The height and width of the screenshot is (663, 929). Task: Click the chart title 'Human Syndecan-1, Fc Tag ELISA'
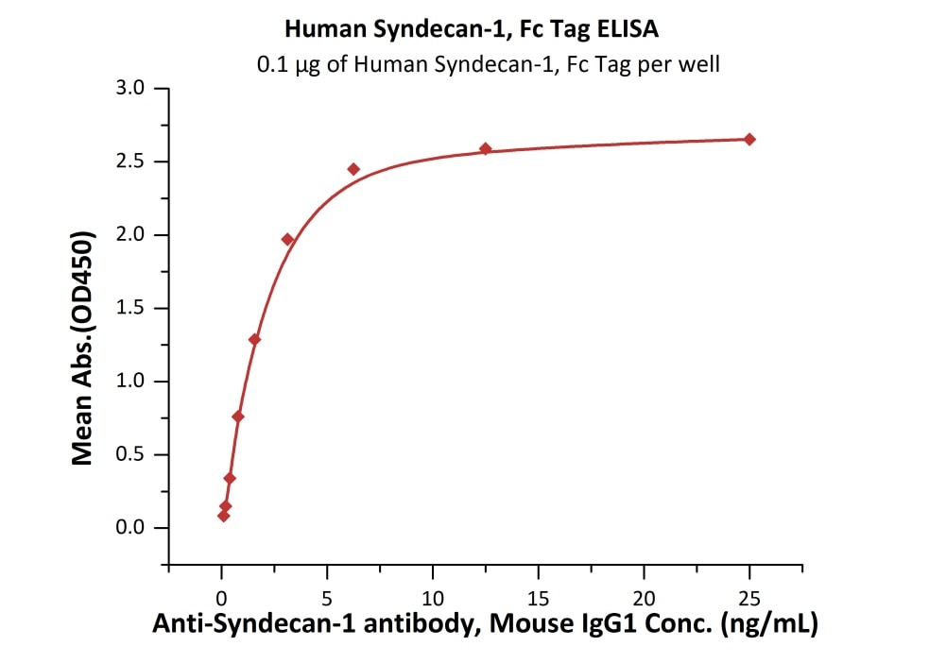coord(472,29)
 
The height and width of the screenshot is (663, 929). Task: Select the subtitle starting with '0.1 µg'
coord(489,65)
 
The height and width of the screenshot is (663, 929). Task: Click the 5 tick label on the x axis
coord(327,597)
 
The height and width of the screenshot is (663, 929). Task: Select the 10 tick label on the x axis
coord(432,597)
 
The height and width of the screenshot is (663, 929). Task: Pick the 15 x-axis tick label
coord(538,597)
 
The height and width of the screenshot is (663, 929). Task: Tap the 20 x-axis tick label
coord(644,597)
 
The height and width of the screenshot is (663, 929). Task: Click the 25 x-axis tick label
coord(749,597)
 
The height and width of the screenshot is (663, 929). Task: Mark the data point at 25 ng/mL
coord(749,140)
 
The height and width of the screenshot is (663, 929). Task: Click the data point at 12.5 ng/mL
coord(486,149)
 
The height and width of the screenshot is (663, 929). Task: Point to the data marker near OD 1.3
coord(254,339)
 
